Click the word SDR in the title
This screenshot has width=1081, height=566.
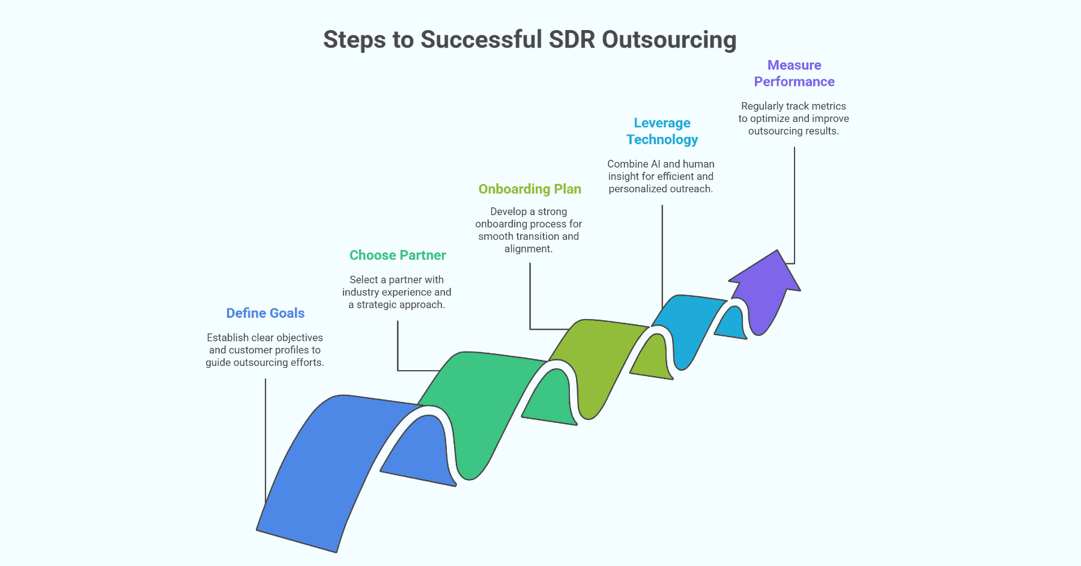point(571,40)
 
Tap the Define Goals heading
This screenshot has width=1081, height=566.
point(265,313)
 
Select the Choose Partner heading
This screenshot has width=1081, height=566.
point(398,255)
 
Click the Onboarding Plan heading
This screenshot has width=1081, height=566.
point(530,189)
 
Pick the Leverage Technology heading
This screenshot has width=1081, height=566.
point(662,131)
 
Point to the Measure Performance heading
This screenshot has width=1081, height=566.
point(794,73)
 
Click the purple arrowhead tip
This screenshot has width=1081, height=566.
point(777,252)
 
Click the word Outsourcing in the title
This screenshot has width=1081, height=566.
point(668,40)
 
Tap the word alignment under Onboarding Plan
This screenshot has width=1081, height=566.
point(528,249)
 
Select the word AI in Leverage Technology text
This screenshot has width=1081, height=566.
point(655,164)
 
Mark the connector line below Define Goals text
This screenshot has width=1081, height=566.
point(265,439)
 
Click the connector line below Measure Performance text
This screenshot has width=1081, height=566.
point(795,204)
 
